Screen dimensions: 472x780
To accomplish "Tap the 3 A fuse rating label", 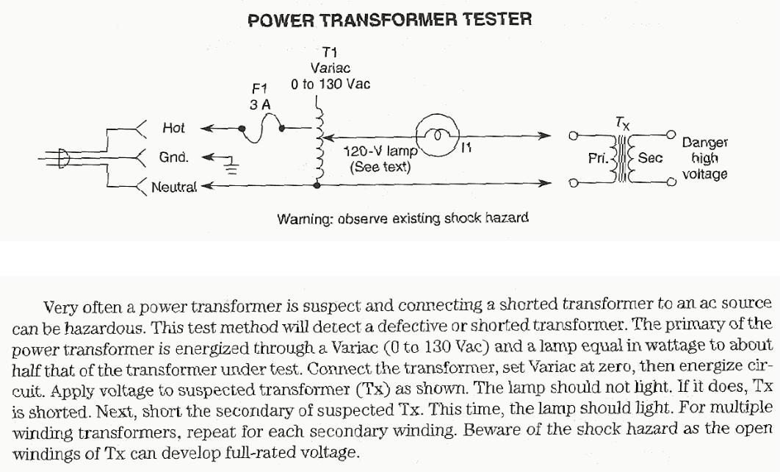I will point(260,105).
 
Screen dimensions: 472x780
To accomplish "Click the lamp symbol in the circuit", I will point(436,135).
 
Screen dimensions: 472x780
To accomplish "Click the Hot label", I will point(173,128).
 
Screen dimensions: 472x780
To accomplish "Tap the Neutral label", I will point(174,187).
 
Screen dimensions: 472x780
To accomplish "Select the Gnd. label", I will point(174,157).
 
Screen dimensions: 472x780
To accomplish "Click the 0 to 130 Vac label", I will point(331,84).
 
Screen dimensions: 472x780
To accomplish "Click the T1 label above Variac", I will point(329,52).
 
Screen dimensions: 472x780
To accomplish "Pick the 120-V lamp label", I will point(380,152).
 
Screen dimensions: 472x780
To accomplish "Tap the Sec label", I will point(650,157).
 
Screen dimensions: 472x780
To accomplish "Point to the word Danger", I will point(704,143).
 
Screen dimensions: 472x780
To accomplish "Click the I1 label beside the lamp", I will point(466,149).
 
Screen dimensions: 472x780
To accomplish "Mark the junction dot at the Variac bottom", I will point(317,187).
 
